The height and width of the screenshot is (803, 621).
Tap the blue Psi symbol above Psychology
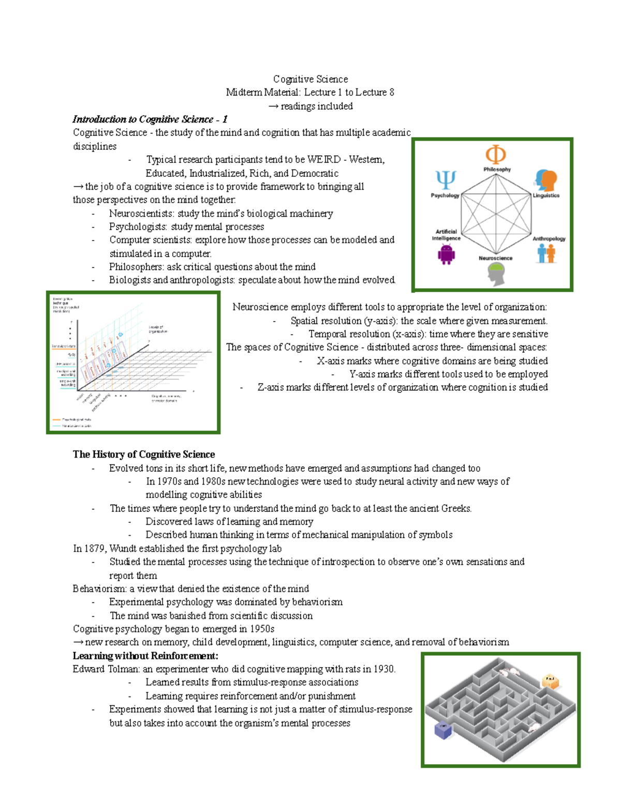[446, 180]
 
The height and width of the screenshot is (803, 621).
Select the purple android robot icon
[446, 254]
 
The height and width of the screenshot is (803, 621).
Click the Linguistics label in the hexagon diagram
[546, 195]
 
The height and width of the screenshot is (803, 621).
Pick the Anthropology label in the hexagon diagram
[549, 238]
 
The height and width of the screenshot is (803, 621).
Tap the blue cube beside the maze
[443, 730]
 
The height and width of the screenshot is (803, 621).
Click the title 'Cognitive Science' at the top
[310, 79]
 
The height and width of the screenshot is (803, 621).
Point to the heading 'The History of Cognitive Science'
[144, 454]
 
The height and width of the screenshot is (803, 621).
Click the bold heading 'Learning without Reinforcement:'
[145, 656]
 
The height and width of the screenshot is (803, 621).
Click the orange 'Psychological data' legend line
[56, 419]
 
